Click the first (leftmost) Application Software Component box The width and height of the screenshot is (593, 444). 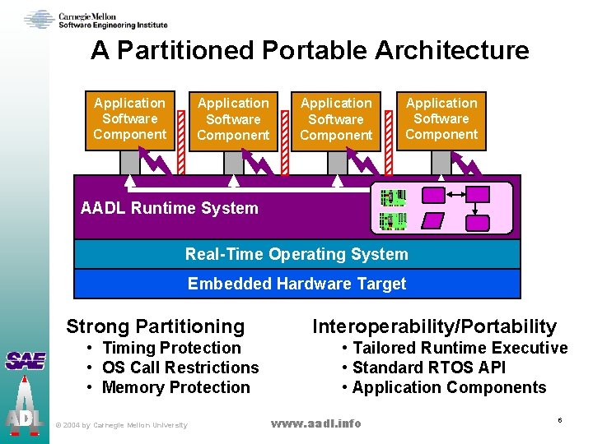129,119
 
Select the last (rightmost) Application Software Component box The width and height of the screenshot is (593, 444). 441,119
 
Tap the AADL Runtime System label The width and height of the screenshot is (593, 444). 170,208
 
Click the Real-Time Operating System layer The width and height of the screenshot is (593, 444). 296,254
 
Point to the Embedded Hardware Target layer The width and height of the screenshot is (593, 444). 296,284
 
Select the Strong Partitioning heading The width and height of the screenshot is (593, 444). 156,326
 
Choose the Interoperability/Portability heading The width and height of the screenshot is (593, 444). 434,326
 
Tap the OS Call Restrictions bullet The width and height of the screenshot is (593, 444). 180,368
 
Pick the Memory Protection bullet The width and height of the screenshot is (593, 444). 175,387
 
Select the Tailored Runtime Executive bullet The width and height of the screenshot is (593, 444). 460,348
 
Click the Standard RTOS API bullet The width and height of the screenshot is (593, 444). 428,368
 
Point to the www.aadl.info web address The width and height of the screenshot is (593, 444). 316,423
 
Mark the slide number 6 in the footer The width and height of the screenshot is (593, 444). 559,421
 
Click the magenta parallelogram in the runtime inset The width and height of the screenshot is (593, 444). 432,221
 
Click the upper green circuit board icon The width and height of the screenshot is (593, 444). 393,197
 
